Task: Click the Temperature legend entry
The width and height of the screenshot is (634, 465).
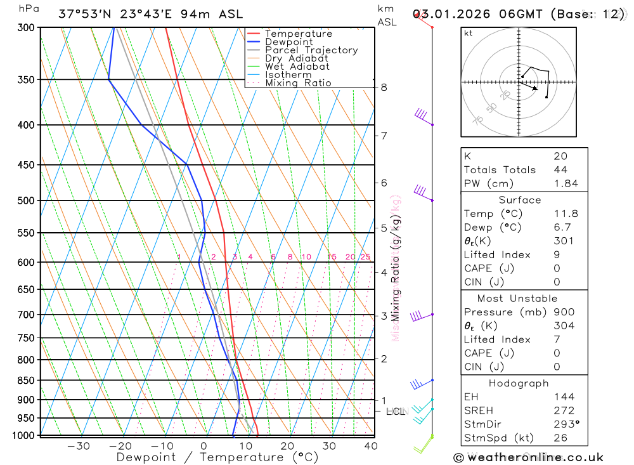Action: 298,34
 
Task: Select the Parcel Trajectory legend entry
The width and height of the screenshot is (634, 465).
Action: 311,50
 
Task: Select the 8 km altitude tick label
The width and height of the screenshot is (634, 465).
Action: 384,87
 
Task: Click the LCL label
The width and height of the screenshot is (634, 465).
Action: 395,412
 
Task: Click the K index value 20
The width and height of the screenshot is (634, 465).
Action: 560,156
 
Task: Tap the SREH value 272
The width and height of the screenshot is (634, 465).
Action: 564,410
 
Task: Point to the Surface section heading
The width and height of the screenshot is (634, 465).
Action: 519,200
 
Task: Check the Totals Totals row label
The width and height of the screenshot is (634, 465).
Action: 500,170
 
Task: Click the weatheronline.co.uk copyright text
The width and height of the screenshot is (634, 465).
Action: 528,457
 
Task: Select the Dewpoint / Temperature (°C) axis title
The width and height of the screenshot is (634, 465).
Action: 217,457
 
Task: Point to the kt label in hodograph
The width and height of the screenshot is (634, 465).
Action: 469,33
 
